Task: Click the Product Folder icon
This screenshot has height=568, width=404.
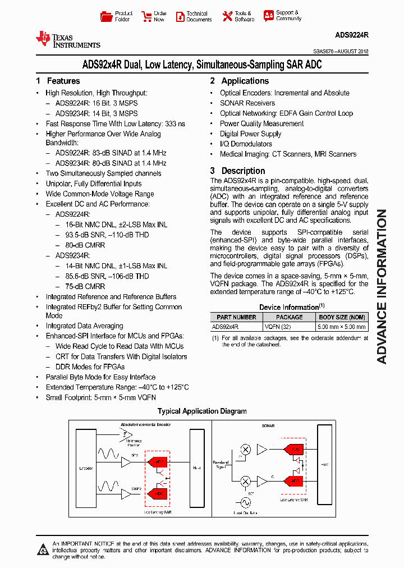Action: [x=106, y=16]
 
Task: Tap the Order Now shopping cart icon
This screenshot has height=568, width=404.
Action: [x=146, y=16]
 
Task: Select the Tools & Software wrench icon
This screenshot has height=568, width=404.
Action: [x=227, y=16]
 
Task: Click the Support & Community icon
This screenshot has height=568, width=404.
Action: [x=269, y=16]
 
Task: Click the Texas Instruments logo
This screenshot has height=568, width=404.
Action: [x=67, y=39]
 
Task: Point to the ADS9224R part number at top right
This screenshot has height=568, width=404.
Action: [x=351, y=35]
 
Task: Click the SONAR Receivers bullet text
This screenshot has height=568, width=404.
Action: [x=247, y=103]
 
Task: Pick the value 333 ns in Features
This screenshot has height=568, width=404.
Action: [x=174, y=123]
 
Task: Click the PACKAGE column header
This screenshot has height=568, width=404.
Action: [x=290, y=317]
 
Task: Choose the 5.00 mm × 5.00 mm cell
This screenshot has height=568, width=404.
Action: [x=342, y=326]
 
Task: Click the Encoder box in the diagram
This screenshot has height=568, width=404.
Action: [x=87, y=468]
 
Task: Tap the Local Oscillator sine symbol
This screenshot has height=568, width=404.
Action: [x=246, y=502]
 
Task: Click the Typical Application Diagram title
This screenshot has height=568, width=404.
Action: [x=202, y=411]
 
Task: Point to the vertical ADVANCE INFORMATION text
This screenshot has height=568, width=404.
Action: [x=382, y=286]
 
